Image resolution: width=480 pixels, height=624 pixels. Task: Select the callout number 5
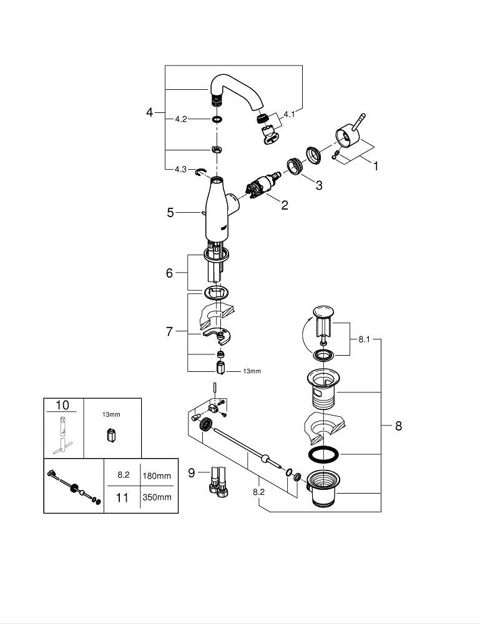click(x=170, y=213)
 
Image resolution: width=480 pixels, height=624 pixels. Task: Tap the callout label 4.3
click(x=180, y=170)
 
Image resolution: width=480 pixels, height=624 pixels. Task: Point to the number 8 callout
click(x=398, y=426)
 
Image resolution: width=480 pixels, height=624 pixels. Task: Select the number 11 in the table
click(x=123, y=497)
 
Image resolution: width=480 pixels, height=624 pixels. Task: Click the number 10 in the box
click(x=62, y=406)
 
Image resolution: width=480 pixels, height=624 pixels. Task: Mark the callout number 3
click(x=318, y=185)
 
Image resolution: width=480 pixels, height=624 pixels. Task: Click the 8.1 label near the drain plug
click(x=365, y=340)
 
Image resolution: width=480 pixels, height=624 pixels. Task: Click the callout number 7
click(x=169, y=332)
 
